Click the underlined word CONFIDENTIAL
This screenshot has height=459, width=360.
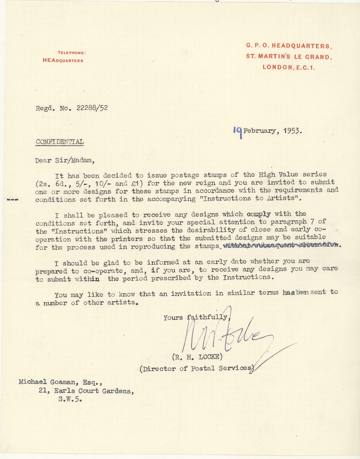click(59, 142)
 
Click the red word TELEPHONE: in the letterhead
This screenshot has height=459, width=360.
click(72, 53)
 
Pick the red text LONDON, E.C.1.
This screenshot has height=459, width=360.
click(289, 68)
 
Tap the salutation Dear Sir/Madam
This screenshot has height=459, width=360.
click(65, 161)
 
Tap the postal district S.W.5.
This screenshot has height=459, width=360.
click(69, 399)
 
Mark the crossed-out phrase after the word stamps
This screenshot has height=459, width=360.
click(281, 246)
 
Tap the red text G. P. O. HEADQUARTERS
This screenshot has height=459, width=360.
click(289, 46)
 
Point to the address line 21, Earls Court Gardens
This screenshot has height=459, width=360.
click(86, 391)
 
